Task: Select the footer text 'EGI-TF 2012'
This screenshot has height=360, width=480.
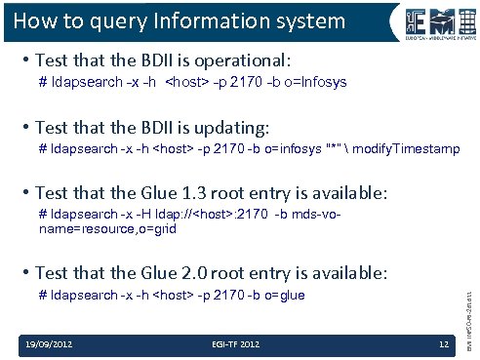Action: point(233,344)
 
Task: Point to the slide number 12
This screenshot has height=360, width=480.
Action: point(443,344)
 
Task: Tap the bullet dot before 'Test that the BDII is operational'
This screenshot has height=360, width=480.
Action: point(24,59)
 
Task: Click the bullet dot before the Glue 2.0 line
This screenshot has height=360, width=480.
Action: point(24,272)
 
